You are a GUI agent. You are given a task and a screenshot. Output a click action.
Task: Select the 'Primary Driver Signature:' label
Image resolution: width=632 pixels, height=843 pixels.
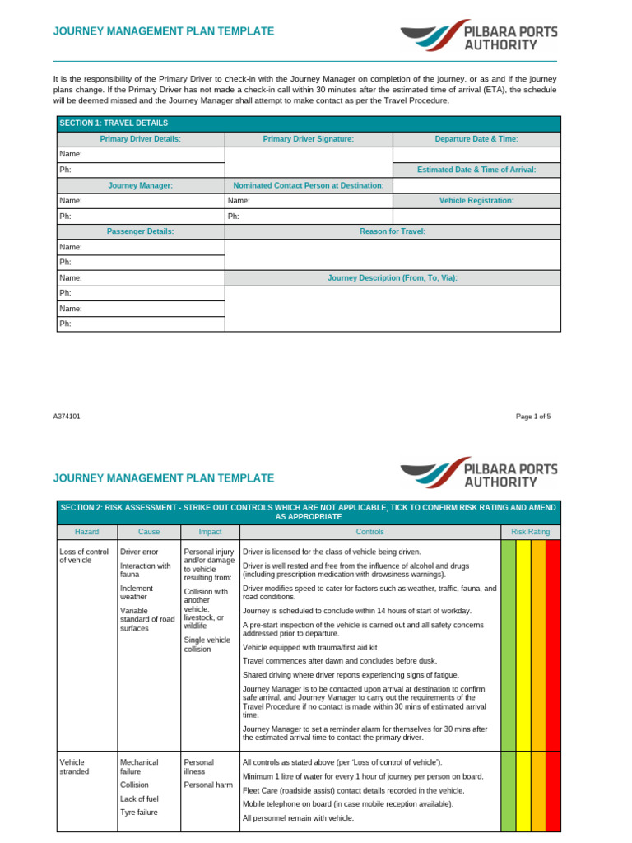pos(309,139)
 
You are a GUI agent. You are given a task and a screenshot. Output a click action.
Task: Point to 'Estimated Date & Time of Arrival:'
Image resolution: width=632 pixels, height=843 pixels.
pos(476,170)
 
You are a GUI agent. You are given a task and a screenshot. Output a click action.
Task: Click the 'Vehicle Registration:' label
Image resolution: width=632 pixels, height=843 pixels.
pos(476,200)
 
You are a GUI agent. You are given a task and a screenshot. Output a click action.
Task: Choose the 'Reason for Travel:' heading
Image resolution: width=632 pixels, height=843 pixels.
pos(393,231)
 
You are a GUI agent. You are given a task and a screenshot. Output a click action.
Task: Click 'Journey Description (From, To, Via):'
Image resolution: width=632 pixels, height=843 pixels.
pos(393,278)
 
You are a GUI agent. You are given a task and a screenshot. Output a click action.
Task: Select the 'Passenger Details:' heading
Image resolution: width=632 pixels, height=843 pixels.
pos(141,231)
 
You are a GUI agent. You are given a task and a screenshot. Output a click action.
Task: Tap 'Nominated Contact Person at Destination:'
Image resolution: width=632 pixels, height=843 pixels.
pos(309,185)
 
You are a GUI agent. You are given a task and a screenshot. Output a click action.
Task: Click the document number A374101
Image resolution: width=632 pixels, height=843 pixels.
pos(67,417)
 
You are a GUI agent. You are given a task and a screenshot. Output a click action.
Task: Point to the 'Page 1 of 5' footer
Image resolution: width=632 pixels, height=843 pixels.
pos(533,417)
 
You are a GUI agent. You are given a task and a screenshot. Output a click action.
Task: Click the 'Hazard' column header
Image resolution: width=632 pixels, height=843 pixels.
pos(86,532)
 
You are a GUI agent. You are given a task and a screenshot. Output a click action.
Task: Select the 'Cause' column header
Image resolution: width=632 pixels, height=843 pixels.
pos(149,532)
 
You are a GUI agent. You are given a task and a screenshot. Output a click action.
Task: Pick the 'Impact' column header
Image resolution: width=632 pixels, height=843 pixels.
pos(210,532)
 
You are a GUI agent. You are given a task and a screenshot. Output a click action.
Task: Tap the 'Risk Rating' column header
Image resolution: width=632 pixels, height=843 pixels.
pos(531,532)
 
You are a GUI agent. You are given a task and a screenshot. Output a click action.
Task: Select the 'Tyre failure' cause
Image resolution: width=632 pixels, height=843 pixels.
pos(138,813)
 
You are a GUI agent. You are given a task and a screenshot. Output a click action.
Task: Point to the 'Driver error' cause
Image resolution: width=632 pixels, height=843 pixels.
pos(139,552)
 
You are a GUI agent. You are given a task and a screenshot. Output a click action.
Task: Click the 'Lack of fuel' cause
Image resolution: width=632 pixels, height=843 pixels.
pos(138,799)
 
